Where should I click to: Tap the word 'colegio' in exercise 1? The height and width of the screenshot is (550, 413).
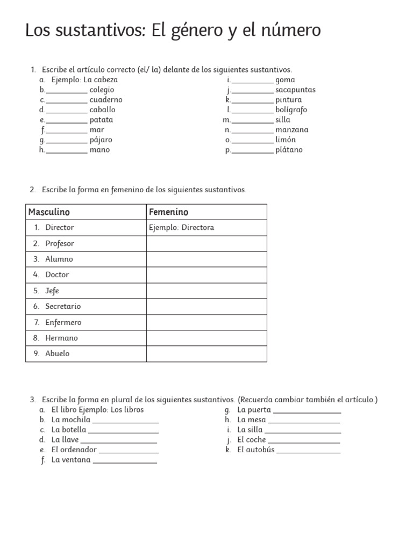[x=102, y=90]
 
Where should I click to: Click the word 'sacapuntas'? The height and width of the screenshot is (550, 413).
[x=295, y=90]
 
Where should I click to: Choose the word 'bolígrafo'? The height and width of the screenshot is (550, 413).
[x=291, y=110]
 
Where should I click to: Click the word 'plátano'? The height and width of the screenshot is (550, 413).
[x=289, y=150]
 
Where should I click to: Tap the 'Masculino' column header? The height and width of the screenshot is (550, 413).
[x=49, y=212]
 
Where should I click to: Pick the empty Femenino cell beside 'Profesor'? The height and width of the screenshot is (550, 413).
[x=206, y=243]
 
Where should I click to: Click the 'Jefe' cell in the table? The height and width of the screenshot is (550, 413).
[x=52, y=291]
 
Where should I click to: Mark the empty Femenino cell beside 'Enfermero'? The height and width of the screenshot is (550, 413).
[x=206, y=322]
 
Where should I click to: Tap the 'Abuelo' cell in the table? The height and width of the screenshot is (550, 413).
[x=57, y=353]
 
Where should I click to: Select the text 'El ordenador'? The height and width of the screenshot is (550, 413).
[x=74, y=450]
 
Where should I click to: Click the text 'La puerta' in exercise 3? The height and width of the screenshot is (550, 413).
[x=254, y=410]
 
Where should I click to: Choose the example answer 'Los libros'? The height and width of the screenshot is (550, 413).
[x=127, y=410]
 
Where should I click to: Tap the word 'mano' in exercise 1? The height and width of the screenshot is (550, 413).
[x=99, y=150]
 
